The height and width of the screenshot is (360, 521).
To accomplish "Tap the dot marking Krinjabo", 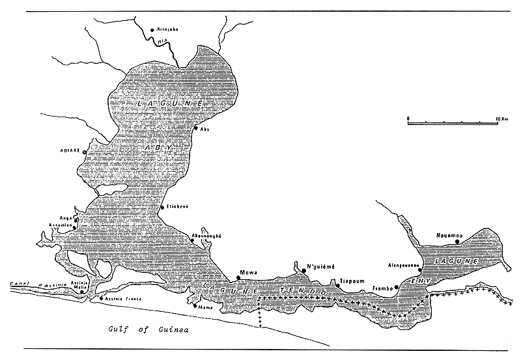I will [152, 30].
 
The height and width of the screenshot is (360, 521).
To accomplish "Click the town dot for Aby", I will [196, 128].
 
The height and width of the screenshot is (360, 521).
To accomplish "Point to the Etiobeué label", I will [178, 206].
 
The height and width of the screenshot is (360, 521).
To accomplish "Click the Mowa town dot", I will [238, 278].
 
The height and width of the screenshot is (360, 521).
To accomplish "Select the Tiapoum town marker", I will [338, 285].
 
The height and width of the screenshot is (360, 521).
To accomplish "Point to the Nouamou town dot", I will [458, 242].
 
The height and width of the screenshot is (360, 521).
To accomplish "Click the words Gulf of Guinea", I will [148, 330].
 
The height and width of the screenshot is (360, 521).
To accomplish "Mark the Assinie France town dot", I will [101, 298].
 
